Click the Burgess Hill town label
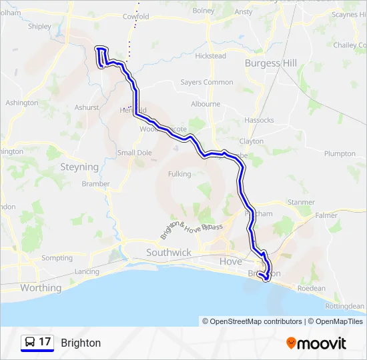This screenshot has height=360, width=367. [x=271, y=63]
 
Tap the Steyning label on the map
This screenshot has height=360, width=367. [x=79, y=167]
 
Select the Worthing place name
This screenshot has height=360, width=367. [x=41, y=288]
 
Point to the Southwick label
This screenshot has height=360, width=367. [x=169, y=253]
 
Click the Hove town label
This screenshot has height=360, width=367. [x=231, y=261]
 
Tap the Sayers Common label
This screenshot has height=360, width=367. [x=207, y=83]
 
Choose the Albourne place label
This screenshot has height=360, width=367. [x=206, y=104]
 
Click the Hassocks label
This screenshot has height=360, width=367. [x=259, y=120]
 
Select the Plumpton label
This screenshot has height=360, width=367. [x=340, y=153]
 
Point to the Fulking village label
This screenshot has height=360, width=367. [x=180, y=174]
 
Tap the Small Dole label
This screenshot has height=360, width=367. [x=135, y=153]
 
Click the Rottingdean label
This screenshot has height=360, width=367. [x=344, y=306]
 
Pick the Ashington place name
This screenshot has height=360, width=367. [x=21, y=103]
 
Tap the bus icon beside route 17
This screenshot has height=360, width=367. [x=30, y=342]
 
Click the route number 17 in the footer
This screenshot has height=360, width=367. [x=45, y=342]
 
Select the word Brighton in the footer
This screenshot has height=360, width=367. [x=81, y=343]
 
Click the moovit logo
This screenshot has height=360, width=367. [x=316, y=343]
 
